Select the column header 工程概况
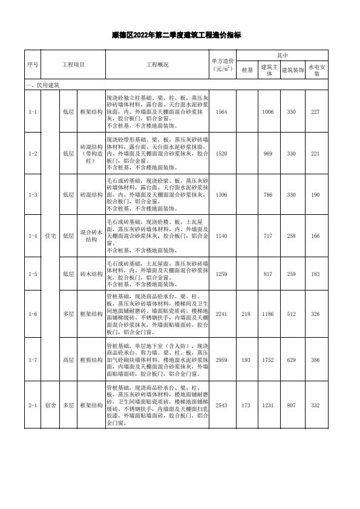157,64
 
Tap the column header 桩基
247,70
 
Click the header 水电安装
318,70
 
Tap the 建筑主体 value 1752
268,360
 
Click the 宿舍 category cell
51,405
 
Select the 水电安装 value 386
315,360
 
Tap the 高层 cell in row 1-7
68,360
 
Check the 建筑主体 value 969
268,153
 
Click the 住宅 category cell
51,235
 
